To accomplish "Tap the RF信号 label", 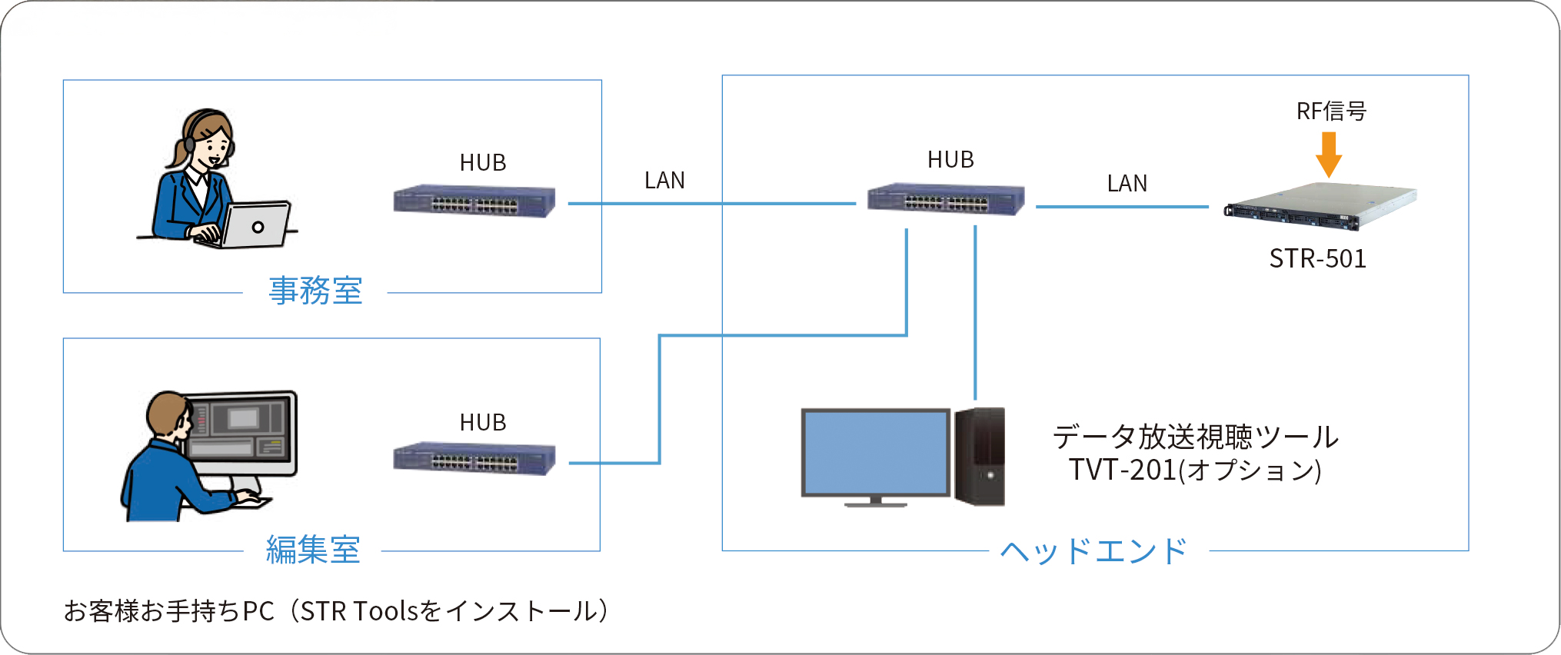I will click(x=1331, y=111).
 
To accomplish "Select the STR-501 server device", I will click(x=1320, y=206).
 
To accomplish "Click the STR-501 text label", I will click(x=1317, y=259).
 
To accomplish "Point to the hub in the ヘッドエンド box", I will click(x=946, y=199).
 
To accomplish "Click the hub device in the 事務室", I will click(x=474, y=201).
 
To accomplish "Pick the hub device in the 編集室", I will click(x=474, y=459).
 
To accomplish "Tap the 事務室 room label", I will click(x=315, y=291).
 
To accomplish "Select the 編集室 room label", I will click(x=313, y=550).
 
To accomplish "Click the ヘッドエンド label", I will click(x=1093, y=551).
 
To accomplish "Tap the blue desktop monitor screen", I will click(x=876, y=453).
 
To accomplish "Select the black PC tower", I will click(x=980, y=457).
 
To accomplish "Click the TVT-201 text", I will click(x=1122, y=470).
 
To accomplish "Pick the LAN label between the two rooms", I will click(x=664, y=181).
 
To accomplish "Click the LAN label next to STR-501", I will click(x=1127, y=184).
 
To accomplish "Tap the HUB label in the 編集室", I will click(x=483, y=423).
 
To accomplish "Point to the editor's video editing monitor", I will click(x=241, y=434).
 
